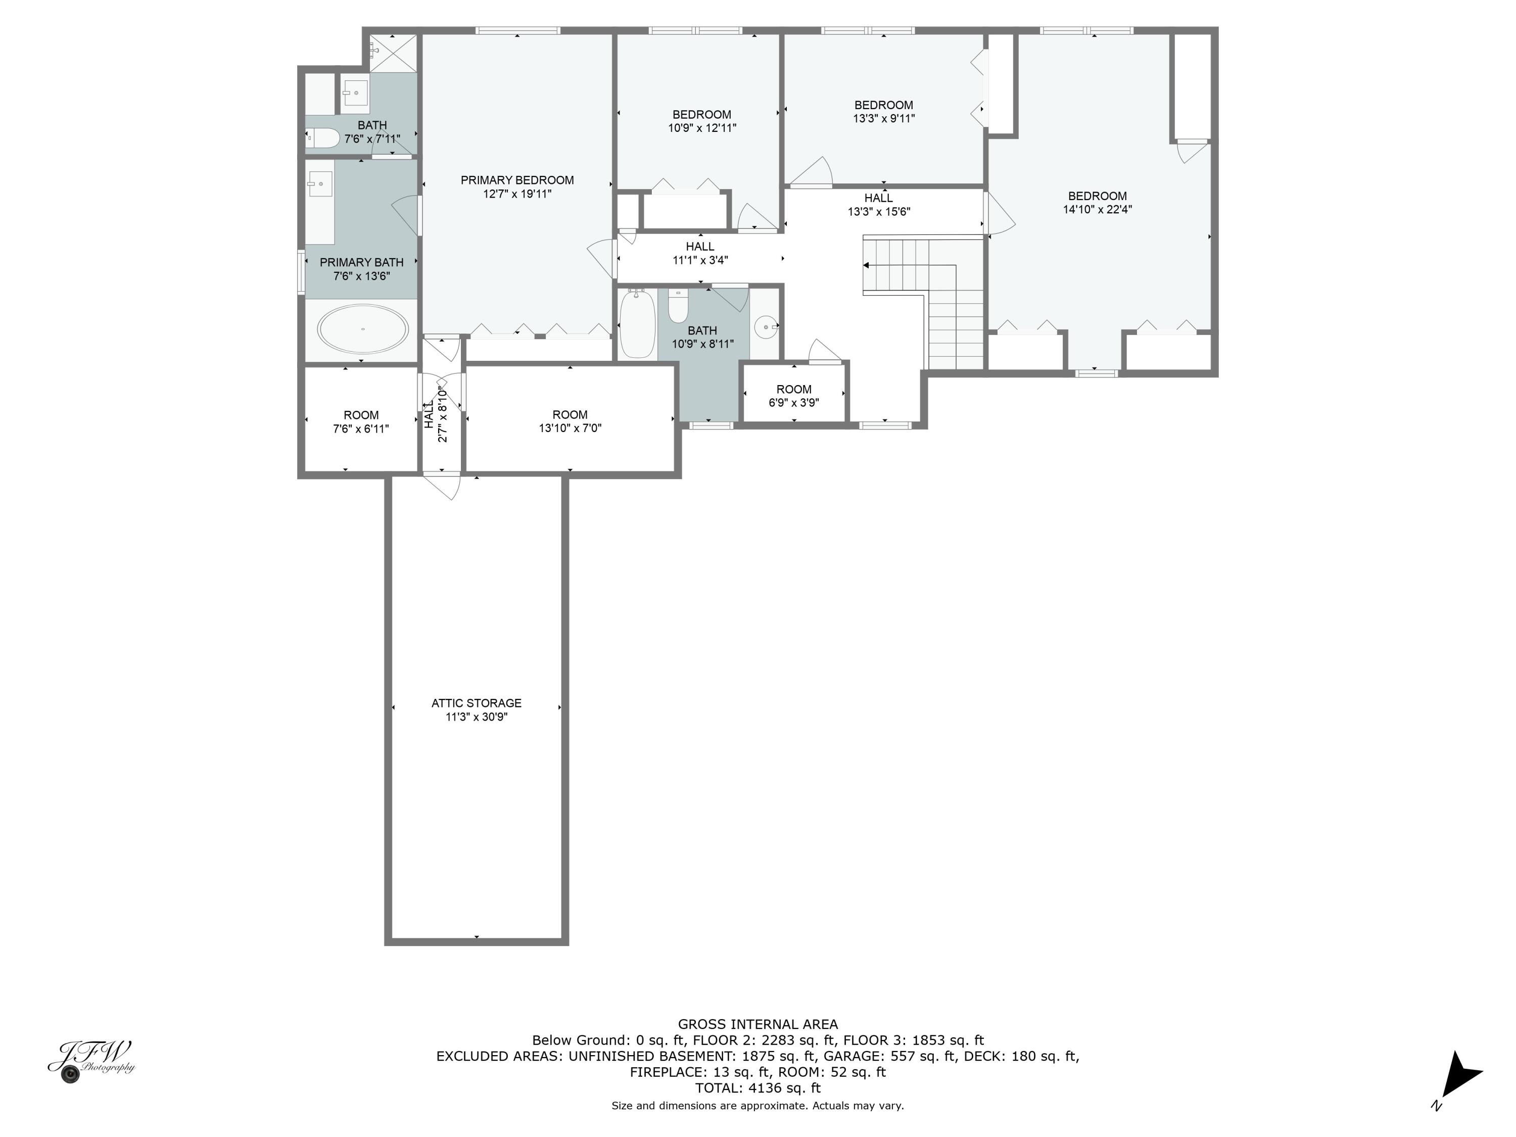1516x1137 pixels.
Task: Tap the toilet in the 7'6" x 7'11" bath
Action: pyautogui.click(x=323, y=138)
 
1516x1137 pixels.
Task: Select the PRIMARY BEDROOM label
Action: pyautogui.click(x=517, y=180)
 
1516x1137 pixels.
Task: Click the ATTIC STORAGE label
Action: pyautogui.click(x=477, y=703)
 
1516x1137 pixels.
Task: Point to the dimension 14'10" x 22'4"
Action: pyautogui.click(x=1097, y=210)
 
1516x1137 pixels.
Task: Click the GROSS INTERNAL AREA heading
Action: pyautogui.click(x=757, y=1025)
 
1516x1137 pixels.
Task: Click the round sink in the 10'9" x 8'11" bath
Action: pyautogui.click(x=766, y=327)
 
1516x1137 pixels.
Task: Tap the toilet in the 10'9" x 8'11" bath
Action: pyautogui.click(x=678, y=306)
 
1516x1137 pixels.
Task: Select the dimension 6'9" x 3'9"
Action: pyautogui.click(x=794, y=403)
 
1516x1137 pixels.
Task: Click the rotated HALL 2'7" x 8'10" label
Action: pyautogui.click(x=436, y=415)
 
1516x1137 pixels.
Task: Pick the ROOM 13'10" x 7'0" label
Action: pyautogui.click(x=570, y=421)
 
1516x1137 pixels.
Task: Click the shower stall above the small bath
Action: pyautogui.click(x=393, y=52)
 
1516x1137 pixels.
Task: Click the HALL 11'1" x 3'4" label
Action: pyautogui.click(x=700, y=253)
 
